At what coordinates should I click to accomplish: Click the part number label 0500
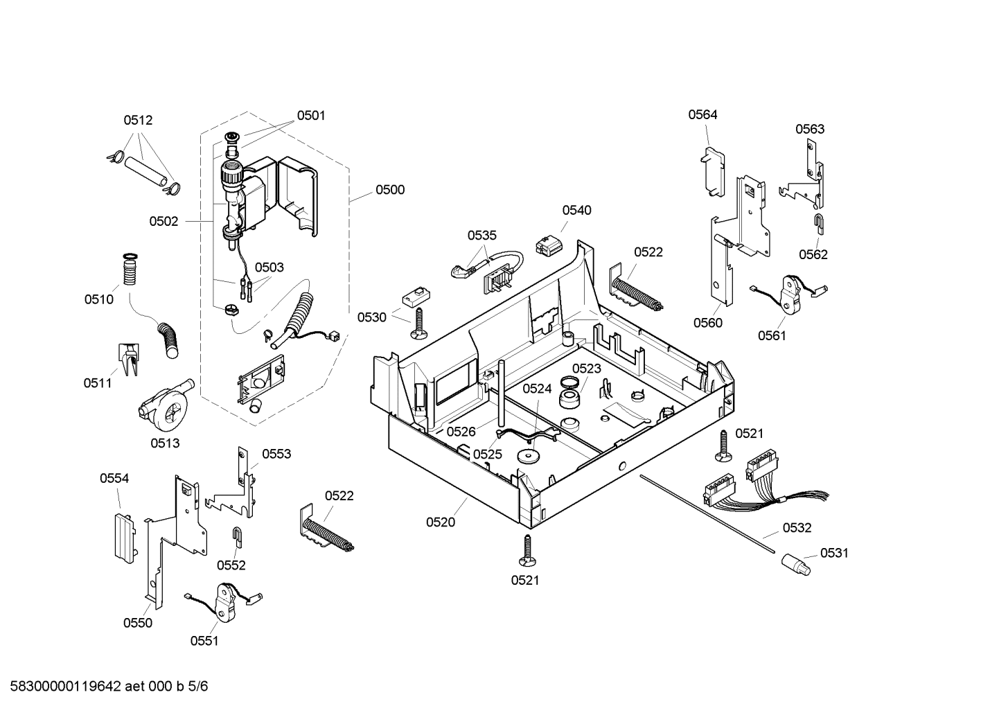[389, 190]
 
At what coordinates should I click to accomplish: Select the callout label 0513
[165, 443]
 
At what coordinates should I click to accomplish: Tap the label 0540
[576, 211]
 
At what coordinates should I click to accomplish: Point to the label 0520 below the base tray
[441, 522]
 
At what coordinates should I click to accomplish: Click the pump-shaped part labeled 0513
[165, 405]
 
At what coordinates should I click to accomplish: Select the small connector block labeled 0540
[547, 245]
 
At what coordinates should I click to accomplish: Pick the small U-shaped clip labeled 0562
[818, 224]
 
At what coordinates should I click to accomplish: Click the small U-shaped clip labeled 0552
[236, 536]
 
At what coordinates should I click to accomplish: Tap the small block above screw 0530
[413, 297]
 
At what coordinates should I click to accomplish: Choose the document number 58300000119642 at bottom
[62, 687]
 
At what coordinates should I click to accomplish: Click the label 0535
[481, 236]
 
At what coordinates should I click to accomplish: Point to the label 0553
[276, 455]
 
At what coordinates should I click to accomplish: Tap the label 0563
[809, 129]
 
